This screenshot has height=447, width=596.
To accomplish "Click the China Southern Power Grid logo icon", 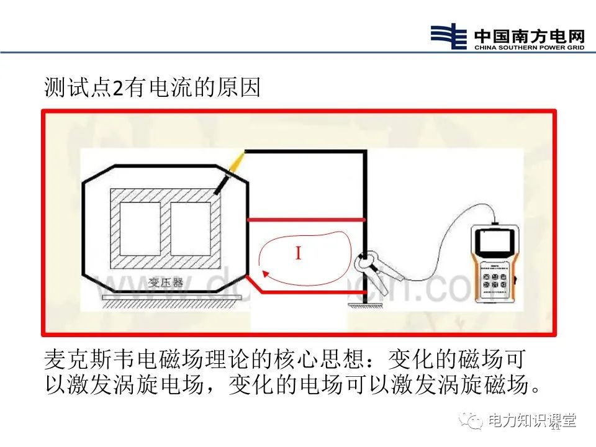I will coord(448,37).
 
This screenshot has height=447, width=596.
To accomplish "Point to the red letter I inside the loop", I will coord(298,253).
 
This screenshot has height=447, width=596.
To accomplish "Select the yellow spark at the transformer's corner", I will coord(237,164).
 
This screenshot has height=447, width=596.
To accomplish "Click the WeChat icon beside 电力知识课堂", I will coord(474,421).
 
